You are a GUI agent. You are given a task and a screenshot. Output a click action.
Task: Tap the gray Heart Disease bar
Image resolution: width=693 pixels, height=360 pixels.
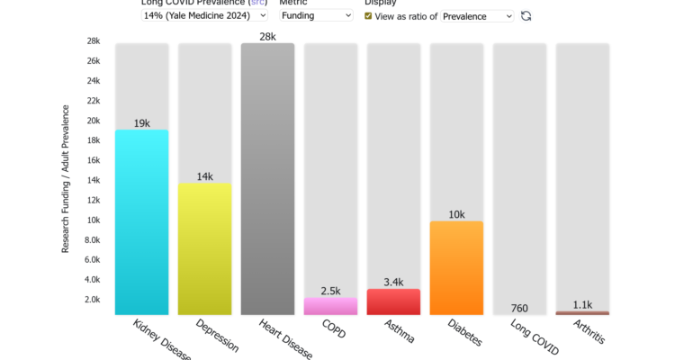pyautogui.click(x=267, y=179)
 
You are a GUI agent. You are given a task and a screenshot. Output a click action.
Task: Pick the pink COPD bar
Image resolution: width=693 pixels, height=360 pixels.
pyautogui.click(x=330, y=306)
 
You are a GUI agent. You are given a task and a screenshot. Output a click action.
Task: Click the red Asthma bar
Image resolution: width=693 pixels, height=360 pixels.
pyautogui.click(x=393, y=301)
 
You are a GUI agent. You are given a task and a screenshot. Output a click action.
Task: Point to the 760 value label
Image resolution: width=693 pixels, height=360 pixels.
pyautogui.click(x=519, y=308)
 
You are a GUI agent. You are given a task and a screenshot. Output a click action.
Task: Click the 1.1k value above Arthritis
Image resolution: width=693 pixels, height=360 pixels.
pyautogui.click(x=582, y=304)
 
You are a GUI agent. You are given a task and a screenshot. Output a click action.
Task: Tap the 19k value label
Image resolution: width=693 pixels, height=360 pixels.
pyautogui.click(x=141, y=122)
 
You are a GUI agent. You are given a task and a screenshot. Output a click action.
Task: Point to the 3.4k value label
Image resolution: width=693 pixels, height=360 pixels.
pyautogui.click(x=393, y=282)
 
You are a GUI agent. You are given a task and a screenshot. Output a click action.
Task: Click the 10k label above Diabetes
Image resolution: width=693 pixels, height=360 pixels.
pyautogui.click(x=456, y=214)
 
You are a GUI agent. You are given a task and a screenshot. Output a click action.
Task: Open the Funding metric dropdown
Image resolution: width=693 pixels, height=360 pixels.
pyautogui.click(x=316, y=15)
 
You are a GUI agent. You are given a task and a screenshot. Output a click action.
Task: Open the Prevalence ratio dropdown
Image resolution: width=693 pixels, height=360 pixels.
pyautogui.click(x=477, y=16)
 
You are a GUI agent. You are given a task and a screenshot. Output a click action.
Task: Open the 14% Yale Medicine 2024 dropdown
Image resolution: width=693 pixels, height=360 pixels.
pyautogui.click(x=205, y=15)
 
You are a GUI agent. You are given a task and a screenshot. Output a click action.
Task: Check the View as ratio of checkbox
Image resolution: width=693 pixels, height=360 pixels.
pyautogui.click(x=368, y=16)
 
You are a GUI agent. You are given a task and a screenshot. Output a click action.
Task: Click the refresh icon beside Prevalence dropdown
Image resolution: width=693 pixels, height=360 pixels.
pyautogui.click(x=526, y=16)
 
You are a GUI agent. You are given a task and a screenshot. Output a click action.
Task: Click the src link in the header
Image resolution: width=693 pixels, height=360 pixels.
pyautogui.click(x=256, y=3)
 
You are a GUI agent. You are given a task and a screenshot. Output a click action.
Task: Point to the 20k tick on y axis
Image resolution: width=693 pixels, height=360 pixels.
pyautogui.click(x=94, y=121)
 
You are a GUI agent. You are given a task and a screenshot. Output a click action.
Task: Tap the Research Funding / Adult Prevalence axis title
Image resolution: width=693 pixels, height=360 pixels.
pyautogui.click(x=65, y=179)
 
